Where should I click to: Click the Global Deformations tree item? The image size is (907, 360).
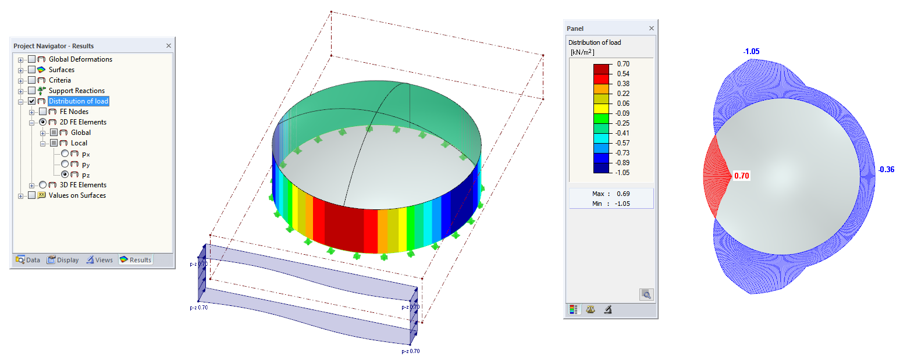pos(80,59)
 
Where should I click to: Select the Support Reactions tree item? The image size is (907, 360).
pos(76,91)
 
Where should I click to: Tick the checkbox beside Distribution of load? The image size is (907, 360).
pos(32,101)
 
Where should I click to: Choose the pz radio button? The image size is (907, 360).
pos(65,174)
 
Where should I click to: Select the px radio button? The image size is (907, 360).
pos(65,154)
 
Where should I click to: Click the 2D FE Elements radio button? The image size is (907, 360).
pos(43,122)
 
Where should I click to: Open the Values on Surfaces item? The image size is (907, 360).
pos(77,195)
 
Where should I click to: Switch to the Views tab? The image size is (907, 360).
pos(99,260)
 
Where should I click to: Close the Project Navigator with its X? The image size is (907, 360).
pos(169,46)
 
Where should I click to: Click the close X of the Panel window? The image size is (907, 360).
pos(652,28)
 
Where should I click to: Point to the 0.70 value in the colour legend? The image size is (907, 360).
pos(623,64)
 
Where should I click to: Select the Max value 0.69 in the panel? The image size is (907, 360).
pos(623,194)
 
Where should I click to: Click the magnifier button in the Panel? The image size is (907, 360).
pos(646,295)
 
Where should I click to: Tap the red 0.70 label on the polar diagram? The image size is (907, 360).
pos(741,176)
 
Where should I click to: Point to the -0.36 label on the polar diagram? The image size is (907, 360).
pos(887,170)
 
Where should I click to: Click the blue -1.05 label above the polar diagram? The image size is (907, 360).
pos(751,52)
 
